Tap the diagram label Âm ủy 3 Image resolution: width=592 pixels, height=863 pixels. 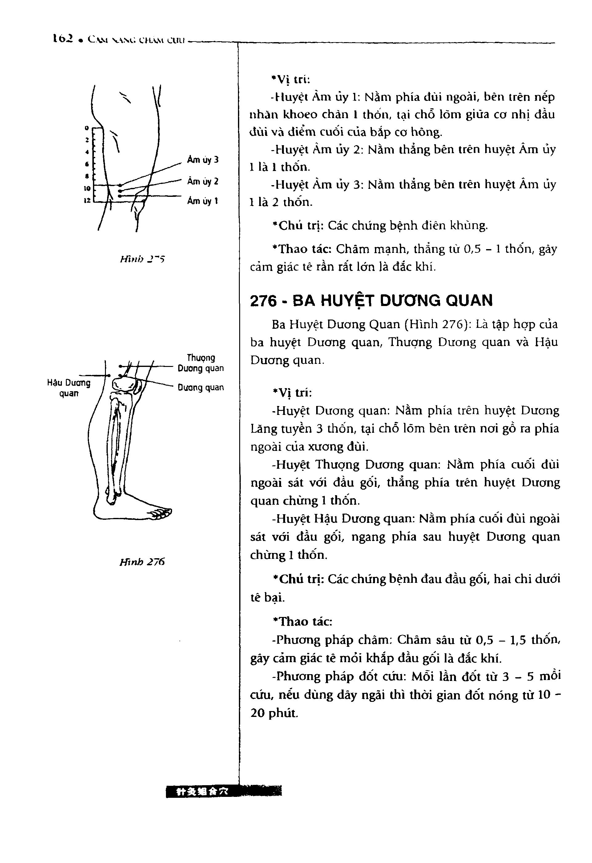(x=203, y=160)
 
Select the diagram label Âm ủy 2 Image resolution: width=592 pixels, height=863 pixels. (x=203, y=181)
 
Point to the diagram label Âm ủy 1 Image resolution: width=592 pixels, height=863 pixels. (x=202, y=201)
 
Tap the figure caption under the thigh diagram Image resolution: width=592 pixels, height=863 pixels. (x=142, y=259)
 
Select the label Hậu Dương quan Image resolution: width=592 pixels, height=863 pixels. (x=69, y=388)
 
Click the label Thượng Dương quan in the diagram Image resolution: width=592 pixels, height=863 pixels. (x=201, y=363)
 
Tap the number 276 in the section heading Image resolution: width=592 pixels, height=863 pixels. (x=264, y=301)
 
